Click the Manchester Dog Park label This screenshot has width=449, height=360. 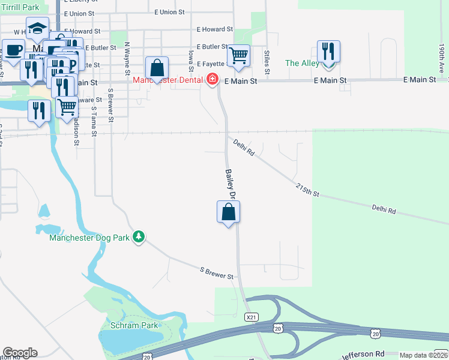pyautogui.click(x=89, y=238)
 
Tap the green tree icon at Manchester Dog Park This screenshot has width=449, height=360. pyautogui.click(x=139, y=237)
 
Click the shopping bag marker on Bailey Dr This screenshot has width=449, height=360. pyautogui.click(x=228, y=212)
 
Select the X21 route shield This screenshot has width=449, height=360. pyautogui.click(x=251, y=316)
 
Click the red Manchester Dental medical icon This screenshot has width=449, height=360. pyautogui.click(x=212, y=79)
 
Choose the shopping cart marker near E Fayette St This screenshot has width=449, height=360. pyautogui.click(x=239, y=56)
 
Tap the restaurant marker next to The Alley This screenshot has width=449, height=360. pyautogui.click(x=328, y=52)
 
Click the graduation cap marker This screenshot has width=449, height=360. pyautogui.click(x=37, y=28)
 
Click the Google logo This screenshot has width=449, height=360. pyautogui.click(x=19, y=353)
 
